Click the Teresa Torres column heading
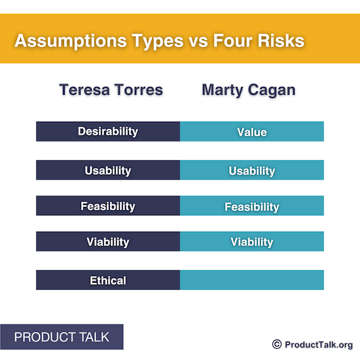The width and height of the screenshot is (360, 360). [x=111, y=90]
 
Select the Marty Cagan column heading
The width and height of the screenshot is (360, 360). [x=249, y=90]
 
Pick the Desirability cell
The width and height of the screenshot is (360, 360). [x=108, y=131]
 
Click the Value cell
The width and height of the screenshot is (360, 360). [x=252, y=132]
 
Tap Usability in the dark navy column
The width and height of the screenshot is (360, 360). [x=108, y=170]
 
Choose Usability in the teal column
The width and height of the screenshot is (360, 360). [x=252, y=171]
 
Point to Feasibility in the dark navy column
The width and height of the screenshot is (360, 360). [x=108, y=206]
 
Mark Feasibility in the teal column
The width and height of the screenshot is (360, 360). [x=252, y=207]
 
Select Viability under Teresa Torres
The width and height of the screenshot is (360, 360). [x=108, y=242]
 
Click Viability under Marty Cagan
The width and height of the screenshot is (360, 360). [x=252, y=242]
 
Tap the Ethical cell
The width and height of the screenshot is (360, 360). [x=108, y=280]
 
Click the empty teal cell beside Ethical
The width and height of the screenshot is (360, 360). [x=252, y=280]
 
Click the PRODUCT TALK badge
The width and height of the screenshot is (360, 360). [x=62, y=337]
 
